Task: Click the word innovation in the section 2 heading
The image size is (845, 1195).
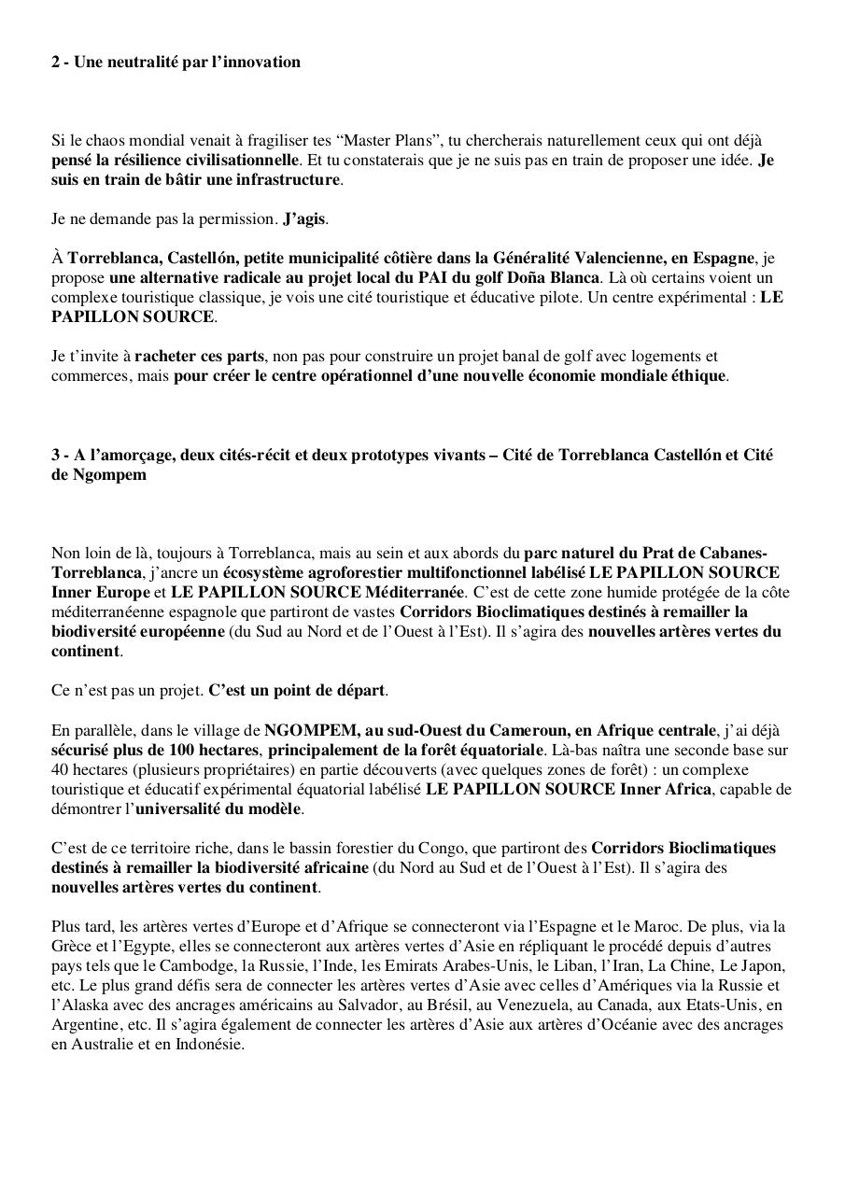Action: [x=262, y=63]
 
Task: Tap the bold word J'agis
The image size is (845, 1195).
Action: [x=304, y=219]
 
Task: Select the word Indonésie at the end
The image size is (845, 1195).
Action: [x=208, y=1044]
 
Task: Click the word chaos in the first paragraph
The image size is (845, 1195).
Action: [x=98, y=141]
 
